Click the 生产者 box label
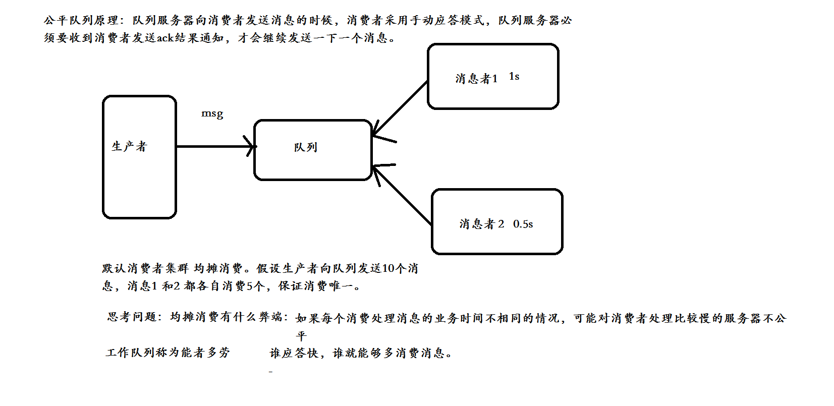(129, 147)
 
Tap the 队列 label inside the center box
(306, 147)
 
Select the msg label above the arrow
(212, 113)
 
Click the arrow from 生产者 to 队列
(214, 146)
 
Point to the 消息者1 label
(476, 79)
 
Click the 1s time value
(514, 77)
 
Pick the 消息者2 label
(481, 224)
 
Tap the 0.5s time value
(523, 224)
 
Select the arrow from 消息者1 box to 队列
(400, 108)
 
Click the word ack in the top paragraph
(165, 38)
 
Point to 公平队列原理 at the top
(81, 21)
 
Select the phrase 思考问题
(132, 317)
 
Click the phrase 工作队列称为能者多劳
(168, 353)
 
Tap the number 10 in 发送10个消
(388, 268)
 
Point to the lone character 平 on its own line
(301, 336)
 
